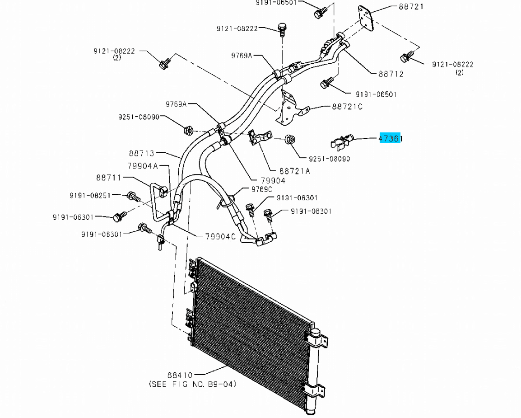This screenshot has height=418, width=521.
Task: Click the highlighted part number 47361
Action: (390, 139)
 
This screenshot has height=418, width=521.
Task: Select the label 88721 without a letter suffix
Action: (411, 7)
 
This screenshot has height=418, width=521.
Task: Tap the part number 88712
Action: (391, 74)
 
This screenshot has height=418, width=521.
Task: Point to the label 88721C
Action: (347, 107)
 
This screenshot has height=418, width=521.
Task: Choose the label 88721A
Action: (295, 171)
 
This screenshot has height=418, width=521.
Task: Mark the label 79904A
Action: (142, 166)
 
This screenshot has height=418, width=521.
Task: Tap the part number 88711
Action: (108, 178)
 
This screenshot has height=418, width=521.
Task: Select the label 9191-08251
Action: (90, 195)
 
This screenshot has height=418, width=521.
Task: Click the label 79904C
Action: (220, 236)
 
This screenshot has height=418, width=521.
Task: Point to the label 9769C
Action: (262, 189)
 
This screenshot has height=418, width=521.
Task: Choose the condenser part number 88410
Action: (180, 375)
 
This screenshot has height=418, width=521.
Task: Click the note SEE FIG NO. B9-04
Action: (192, 384)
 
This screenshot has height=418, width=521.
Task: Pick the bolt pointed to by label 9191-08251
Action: (133, 196)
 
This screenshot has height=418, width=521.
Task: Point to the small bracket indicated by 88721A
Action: (259, 137)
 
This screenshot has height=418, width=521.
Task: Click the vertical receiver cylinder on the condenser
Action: (313, 371)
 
